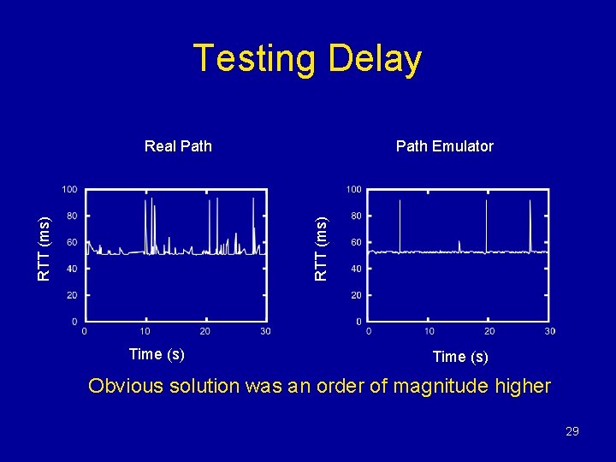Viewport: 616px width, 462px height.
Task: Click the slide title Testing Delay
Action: tap(307, 59)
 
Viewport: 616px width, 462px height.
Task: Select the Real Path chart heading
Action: tap(178, 146)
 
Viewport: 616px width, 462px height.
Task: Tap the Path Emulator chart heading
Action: tap(444, 146)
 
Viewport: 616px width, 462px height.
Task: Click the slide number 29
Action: tap(572, 432)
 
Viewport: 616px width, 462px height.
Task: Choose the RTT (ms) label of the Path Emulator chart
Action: tap(321, 248)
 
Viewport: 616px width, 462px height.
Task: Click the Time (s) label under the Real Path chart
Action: tap(156, 354)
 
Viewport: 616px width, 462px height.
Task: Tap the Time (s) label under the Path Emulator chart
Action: tap(460, 357)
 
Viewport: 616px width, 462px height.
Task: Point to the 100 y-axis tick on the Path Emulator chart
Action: tap(352, 189)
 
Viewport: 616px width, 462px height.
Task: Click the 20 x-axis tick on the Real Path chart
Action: tap(205, 332)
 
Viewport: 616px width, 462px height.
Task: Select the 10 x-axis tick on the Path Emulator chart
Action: tap(429, 332)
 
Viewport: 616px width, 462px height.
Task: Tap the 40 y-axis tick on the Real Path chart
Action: tap(72, 269)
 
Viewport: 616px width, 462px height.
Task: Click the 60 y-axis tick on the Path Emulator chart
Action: tap(355, 242)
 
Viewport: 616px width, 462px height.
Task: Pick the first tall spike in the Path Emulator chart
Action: tap(400, 224)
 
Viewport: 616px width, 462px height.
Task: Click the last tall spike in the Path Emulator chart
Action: tap(530, 224)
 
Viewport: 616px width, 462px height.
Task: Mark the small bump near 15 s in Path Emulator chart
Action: tap(459, 246)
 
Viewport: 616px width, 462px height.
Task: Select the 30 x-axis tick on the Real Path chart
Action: tap(265, 332)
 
